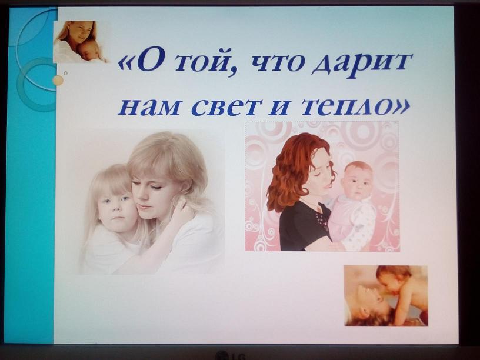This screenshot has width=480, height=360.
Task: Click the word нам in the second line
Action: (x=149, y=108)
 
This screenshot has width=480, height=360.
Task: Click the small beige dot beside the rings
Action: (x=58, y=80)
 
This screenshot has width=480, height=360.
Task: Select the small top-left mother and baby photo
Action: (x=81, y=42)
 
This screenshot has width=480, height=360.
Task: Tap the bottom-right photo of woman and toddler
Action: (x=385, y=295)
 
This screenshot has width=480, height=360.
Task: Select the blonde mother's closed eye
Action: (x=155, y=186)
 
